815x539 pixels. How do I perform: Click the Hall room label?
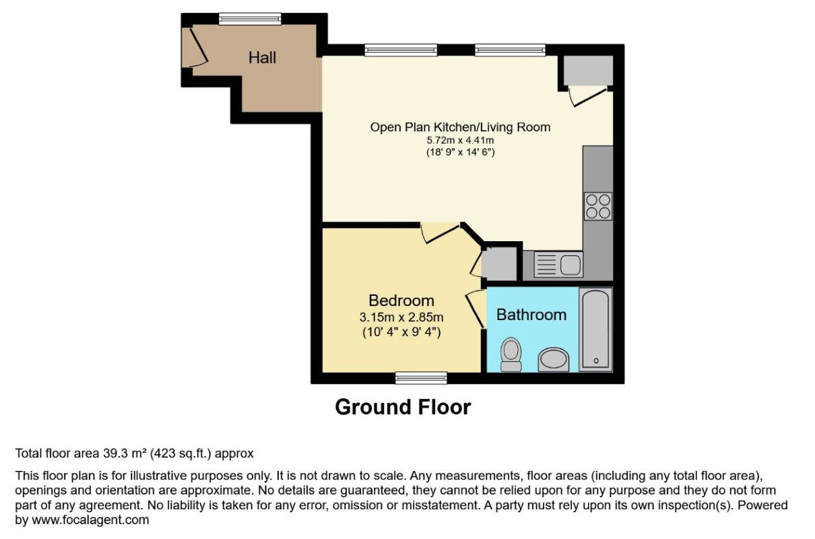pos(262,57)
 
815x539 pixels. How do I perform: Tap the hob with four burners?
pos(598,206)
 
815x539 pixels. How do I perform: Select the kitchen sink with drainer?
pos(558,265)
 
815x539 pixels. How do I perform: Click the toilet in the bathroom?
pos(511,354)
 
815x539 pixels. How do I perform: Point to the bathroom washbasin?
pos(554,360)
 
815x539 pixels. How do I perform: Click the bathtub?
pos(595,329)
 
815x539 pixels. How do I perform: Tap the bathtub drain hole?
pos(596,360)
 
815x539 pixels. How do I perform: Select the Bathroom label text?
pos(531,315)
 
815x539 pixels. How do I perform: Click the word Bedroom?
pos(401,300)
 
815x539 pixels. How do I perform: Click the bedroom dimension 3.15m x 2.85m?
pos(401,317)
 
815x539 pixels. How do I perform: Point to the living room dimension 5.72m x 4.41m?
pos(460,140)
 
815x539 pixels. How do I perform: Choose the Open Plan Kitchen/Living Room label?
pos(460,127)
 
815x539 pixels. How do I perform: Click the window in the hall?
pos(250,19)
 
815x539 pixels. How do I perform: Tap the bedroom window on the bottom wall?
pos(421,378)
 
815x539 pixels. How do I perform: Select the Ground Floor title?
pos(403,407)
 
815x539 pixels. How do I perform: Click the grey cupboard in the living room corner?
pos(588,71)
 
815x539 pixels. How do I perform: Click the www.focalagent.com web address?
pos(90,519)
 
